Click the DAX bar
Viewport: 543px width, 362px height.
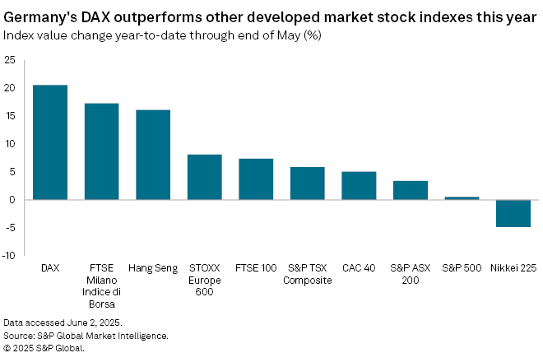(50, 142)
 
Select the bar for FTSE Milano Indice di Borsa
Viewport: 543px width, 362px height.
(102, 151)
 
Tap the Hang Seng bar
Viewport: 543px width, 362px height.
(153, 155)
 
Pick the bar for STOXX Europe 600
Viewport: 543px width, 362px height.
(204, 177)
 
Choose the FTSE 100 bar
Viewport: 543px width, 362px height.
(256, 179)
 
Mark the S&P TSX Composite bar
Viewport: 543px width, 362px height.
(307, 183)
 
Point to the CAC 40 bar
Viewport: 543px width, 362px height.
(359, 185)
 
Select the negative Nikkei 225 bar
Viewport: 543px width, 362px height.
(513, 213)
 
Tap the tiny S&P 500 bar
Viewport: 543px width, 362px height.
(462, 197)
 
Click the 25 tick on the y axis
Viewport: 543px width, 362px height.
(9, 60)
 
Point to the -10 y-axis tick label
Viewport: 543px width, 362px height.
(9, 255)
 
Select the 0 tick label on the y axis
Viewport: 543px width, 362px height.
(12, 199)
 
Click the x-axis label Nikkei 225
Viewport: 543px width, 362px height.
(513, 269)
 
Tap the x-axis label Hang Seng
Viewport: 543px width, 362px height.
(153, 269)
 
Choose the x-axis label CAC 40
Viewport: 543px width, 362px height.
(359, 269)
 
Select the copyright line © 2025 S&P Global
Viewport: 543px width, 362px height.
(44, 348)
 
